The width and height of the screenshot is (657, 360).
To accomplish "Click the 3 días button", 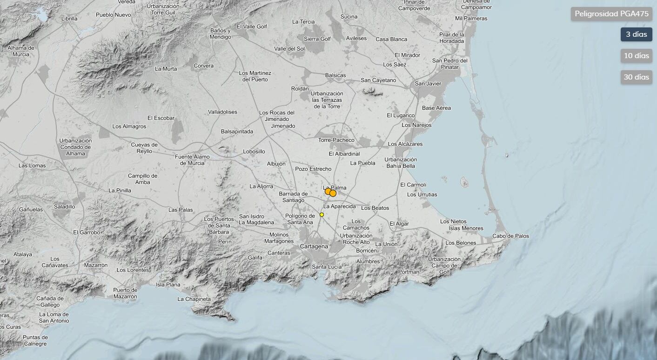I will click(636, 34).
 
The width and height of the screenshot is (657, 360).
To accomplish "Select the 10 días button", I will click(636, 56).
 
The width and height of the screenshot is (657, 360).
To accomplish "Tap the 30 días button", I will click(636, 77).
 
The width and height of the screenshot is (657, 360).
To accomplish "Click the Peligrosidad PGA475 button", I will click(611, 14).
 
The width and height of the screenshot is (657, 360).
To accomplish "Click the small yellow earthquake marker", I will click(322, 214).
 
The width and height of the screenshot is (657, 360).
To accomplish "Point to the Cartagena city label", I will click(314, 246).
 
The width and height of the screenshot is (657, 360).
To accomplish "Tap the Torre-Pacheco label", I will click(336, 140).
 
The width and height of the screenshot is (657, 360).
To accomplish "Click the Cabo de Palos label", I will click(510, 236).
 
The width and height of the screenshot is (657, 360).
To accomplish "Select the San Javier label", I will click(428, 84).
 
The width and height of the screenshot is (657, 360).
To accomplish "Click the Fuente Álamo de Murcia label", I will click(192, 160).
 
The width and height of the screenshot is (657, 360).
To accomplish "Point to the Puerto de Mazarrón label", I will click(125, 293).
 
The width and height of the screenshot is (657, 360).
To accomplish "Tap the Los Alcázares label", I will click(405, 144).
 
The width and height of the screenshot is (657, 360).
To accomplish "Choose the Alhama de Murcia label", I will click(21, 51).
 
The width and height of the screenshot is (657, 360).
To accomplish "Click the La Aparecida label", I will click(340, 206).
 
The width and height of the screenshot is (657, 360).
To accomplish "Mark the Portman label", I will click(409, 272).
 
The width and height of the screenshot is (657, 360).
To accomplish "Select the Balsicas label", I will click(335, 75).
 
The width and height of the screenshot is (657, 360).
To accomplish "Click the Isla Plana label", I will click(168, 285).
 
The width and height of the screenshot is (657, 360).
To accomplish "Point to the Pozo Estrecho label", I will click(313, 169).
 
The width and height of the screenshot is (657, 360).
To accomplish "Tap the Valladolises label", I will click(222, 112).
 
